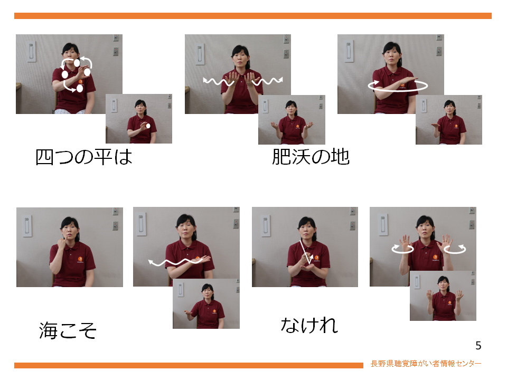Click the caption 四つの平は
click(84, 157)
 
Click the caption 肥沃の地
click(311, 157)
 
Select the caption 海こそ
click(68, 330)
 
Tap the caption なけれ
click(309, 325)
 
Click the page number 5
click(478, 346)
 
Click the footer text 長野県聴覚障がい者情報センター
click(426, 364)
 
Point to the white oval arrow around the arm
click(398, 86)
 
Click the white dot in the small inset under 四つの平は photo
click(148, 126)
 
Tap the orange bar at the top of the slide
click(253, 16)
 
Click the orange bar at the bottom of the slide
click(189, 365)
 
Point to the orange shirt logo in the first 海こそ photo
click(80, 259)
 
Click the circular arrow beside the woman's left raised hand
click(455, 249)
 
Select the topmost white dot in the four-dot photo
click(77, 63)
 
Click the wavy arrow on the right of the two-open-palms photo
click(267, 81)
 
